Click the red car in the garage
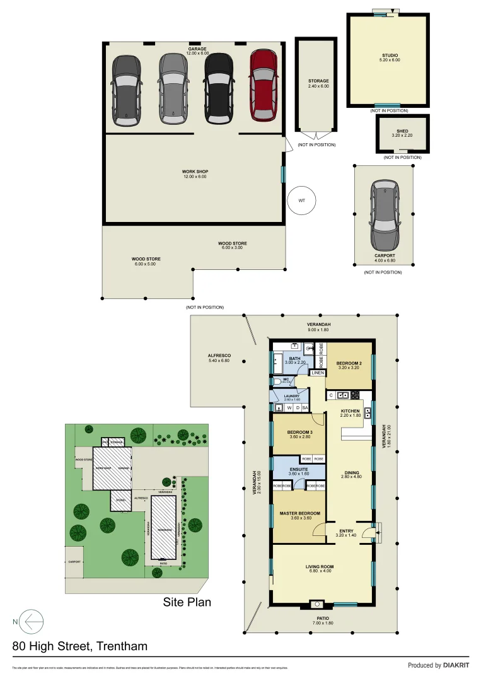[264, 85]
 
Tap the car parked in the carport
[385, 214]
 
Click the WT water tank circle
[301, 201]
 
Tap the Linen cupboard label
[318, 373]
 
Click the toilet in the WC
[277, 381]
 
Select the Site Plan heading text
[187, 602]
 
